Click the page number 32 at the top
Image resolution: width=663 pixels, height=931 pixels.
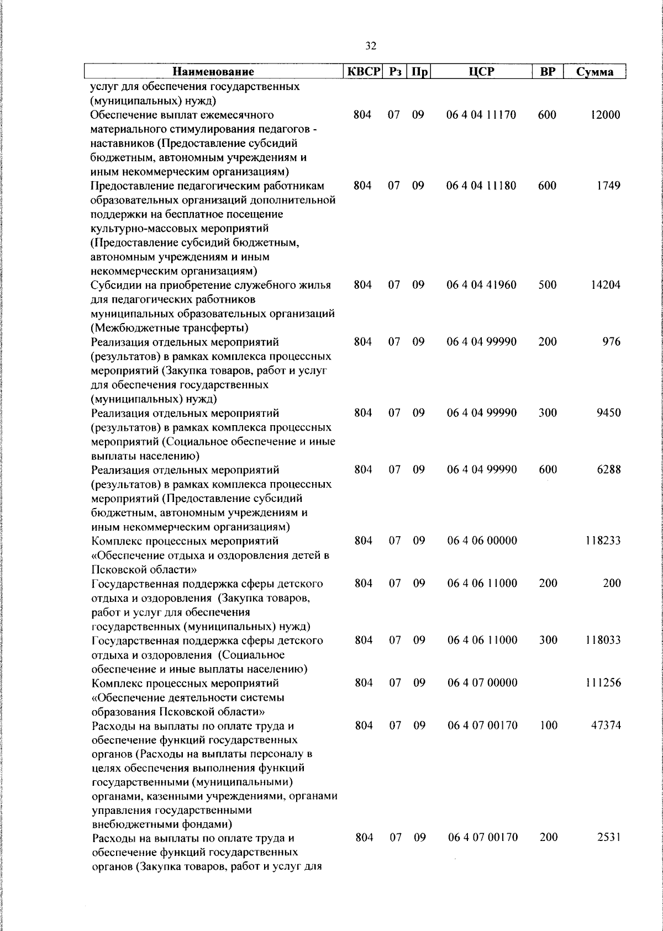(x=371, y=46)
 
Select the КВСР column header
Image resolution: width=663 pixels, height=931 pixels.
(x=363, y=72)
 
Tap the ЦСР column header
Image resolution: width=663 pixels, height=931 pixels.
(x=481, y=72)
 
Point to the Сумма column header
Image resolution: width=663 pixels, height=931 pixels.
(x=594, y=72)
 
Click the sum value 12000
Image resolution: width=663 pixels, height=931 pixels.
(x=606, y=115)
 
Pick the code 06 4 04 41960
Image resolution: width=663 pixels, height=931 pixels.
(x=482, y=285)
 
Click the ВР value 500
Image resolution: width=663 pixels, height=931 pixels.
(x=547, y=285)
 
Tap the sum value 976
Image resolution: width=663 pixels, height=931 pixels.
(x=612, y=342)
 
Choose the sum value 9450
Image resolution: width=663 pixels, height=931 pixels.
(x=609, y=413)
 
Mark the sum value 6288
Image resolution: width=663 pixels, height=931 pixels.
(x=609, y=470)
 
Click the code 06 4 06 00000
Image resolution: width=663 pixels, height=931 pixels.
(x=482, y=541)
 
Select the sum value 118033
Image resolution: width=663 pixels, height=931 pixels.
(x=603, y=640)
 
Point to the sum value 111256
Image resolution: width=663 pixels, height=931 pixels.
(x=603, y=683)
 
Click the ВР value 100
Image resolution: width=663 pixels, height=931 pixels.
(x=548, y=726)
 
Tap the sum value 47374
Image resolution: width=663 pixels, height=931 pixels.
(x=606, y=726)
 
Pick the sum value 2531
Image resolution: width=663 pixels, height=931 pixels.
(x=609, y=838)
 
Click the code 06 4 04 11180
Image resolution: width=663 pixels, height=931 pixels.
(x=482, y=186)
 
